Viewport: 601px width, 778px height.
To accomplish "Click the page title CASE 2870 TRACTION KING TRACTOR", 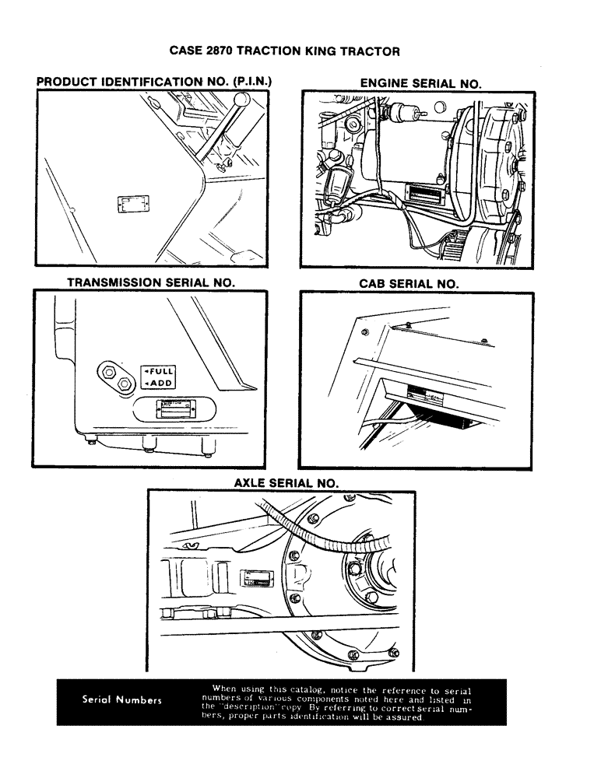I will click(284, 51).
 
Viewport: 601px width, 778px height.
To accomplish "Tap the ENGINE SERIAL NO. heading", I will click(420, 82).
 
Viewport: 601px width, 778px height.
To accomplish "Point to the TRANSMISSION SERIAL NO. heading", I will click(150, 283).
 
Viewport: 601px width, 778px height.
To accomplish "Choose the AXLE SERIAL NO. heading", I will click(286, 483).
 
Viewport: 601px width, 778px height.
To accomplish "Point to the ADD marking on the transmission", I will click(160, 383).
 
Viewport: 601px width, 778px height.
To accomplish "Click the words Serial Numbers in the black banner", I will click(121, 699).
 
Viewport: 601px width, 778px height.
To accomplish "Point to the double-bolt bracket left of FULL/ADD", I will click(115, 377).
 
